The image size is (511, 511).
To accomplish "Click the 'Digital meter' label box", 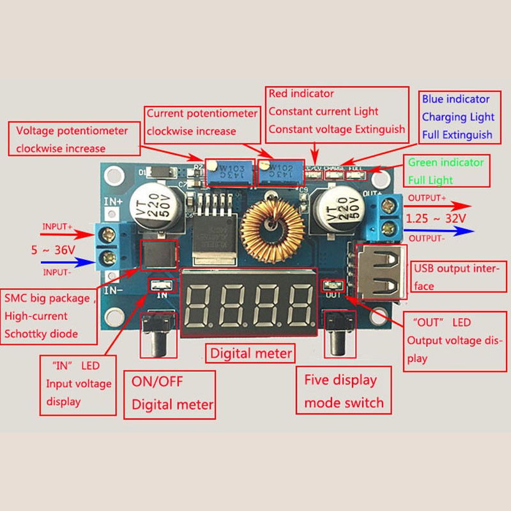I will [251, 353].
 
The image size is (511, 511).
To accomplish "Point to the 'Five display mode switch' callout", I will [344, 391].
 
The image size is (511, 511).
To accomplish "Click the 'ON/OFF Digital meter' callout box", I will [169, 395].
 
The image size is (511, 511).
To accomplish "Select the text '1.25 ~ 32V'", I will [436, 218].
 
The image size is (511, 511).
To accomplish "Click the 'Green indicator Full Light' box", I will [446, 171].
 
